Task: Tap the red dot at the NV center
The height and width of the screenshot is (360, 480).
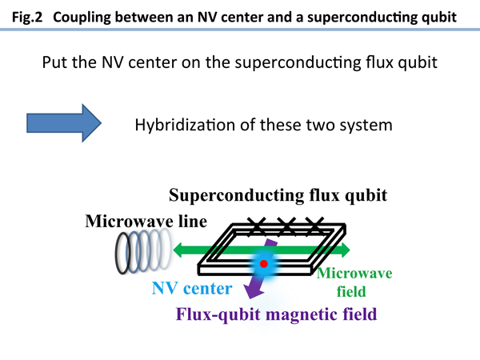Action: (263, 263)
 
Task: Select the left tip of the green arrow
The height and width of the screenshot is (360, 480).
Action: (174, 250)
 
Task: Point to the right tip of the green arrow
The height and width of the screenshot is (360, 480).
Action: (350, 250)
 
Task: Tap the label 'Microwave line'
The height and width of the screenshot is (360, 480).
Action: (146, 221)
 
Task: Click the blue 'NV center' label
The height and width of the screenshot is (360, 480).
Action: (192, 288)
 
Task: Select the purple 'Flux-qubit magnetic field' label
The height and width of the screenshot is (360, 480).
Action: (276, 314)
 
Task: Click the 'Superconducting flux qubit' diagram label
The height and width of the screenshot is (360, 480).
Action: (278, 195)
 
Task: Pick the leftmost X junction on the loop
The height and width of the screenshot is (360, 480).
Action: (257, 226)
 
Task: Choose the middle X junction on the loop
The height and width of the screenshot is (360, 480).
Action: (286, 226)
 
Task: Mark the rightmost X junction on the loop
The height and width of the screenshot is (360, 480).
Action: (314, 226)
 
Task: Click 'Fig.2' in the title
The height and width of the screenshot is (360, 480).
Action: (27, 17)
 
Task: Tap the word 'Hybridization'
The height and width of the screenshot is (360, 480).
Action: (186, 125)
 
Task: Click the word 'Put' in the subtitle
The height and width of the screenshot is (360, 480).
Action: (54, 62)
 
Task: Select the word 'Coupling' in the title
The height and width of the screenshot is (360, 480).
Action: (82, 18)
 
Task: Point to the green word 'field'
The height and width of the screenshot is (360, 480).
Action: (351, 291)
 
